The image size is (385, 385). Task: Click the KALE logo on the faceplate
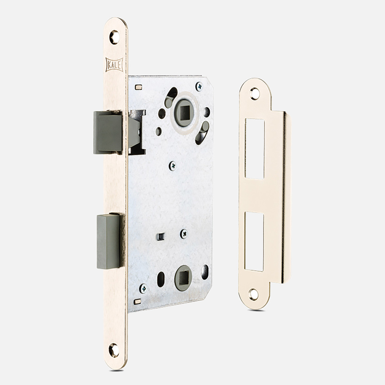(114, 65)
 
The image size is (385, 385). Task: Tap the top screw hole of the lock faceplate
(114, 37)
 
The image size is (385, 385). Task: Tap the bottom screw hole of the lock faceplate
(114, 350)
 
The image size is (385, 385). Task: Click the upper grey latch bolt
(108, 132)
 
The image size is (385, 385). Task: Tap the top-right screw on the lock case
(199, 87)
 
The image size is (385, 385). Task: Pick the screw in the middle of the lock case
(173, 166)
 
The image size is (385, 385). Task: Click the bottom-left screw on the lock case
(143, 288)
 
